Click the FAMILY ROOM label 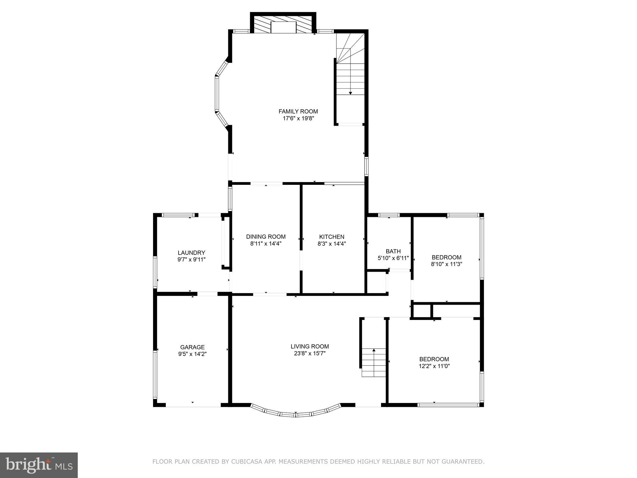coord(298,111)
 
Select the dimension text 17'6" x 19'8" coord(298,119)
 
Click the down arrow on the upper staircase coord(351,93)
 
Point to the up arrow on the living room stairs coord(374,350)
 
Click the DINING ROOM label coord(266,237)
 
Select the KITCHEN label coord(332,237)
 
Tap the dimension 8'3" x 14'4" coord(332,244)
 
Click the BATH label coord(393,251)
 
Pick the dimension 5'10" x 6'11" coord(393,258)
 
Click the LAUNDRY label coord(191,253)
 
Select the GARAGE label coord(192,347)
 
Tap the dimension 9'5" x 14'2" coord(192,354)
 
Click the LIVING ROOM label coord(309,346)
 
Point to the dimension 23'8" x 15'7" coord(309,354)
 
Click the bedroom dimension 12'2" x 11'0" coord(434,366)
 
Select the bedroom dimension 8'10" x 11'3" coord(446,265)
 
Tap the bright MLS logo coord(39,465)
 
